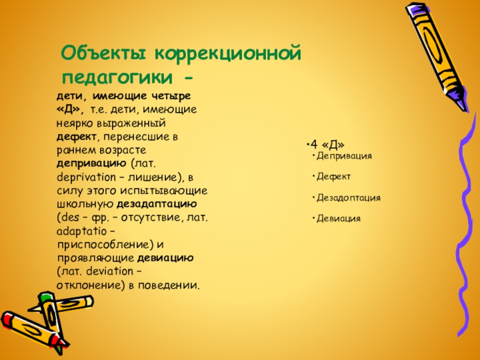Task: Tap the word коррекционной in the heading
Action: [226, 55]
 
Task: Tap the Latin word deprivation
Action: [80, 178]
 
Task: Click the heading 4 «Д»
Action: [325, 145]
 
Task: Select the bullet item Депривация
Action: [344, 156]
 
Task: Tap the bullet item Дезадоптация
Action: [348, 197]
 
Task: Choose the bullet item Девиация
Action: [338, 218]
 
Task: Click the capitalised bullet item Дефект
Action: [334, 177]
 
